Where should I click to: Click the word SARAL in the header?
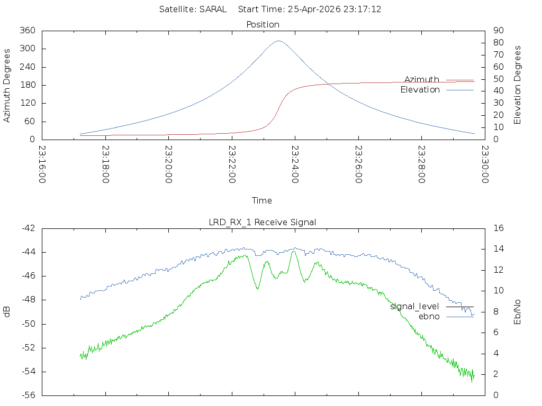(213, 9)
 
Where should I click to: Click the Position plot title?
(263, 24)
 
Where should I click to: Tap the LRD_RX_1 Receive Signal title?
(263, 222)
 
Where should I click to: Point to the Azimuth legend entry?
(422, 79)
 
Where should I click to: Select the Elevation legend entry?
(420, 90)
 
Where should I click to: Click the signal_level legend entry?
(414, 306)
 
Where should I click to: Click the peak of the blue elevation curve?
(279, 41)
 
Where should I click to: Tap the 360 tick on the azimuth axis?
(27, 31)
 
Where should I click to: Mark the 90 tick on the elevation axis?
(499, 31)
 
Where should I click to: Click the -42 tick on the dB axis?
(28, 228)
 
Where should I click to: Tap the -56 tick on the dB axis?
(28, 395)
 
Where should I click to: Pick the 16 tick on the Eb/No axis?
(499, 228)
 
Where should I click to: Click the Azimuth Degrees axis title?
(7, 86)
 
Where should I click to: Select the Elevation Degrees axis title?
(518, 85)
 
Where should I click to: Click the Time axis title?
(262, 200)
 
